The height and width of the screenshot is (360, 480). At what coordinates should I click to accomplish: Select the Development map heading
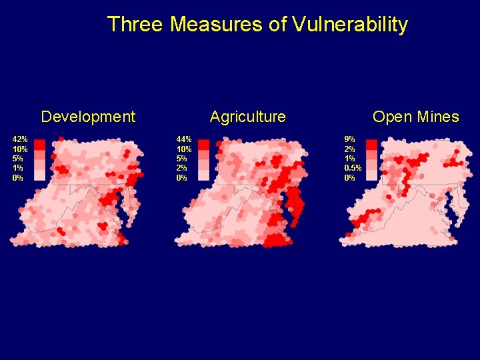pyautogui.click(x=88, y=117)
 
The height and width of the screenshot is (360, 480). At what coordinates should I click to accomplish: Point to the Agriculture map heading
pyautogui.click(x=247, y=117)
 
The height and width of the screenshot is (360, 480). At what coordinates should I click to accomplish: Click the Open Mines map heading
pyautogui.click(x=415, y=117)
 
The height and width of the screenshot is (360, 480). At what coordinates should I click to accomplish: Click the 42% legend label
pyautogui.click(x=20, y=139)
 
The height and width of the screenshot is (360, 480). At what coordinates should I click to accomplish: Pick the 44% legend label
pyautogui.click(x=184, y=139)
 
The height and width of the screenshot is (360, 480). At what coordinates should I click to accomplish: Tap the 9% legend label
pyautogui.click(x=350, y=139)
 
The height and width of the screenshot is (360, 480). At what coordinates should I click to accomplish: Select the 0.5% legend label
pyautogui.click(x=353, y=168)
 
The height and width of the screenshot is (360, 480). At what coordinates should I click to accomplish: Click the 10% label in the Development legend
pyautogui.click(x=20, y=149)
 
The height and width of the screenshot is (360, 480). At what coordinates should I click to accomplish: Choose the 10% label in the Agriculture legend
pyautogui.click(x=184, y=149)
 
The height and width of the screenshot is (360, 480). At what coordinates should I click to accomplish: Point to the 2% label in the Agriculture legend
pyautogui.click(x=182, y=168)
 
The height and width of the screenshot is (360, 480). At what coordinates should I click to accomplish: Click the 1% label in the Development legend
pyautogui.click(x=18, y=168)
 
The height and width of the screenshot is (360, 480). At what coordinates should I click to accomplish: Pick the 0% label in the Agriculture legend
pyautogui.click(x=182, y=178)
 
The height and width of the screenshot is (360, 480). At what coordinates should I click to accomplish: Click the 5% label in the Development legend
pyautogui.click(x=18, y=159)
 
